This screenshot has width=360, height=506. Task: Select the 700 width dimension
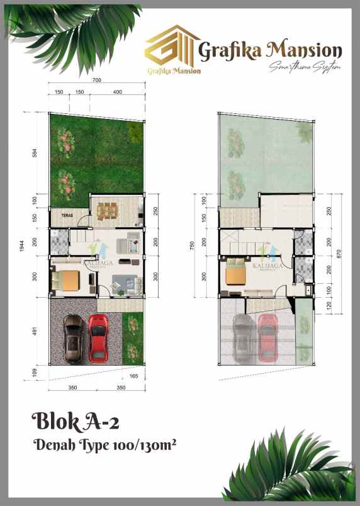point(96,81)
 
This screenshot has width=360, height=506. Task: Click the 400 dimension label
point(117,93)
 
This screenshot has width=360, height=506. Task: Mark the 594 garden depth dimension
point(37,154)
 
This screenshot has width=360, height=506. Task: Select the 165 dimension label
point(133,376)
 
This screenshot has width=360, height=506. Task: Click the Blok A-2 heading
point(71,419)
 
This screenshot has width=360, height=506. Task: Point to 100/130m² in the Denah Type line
point(145,446)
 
